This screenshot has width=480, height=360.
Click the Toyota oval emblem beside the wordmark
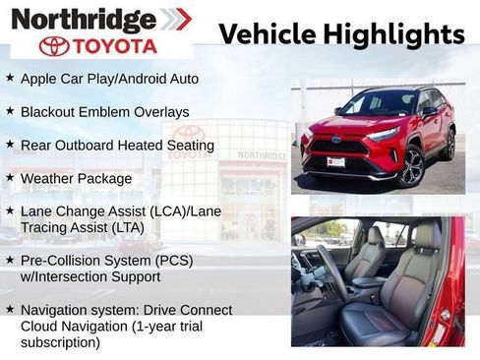[54, 46]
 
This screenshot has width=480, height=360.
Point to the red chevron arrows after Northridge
[176, 19]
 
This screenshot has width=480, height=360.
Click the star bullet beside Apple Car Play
[10, 77]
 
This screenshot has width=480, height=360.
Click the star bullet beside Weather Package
[10, 178]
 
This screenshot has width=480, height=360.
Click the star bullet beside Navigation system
[10, 308]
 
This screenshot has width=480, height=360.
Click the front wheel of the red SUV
[411, 166]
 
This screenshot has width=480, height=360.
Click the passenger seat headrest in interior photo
[427, 236]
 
